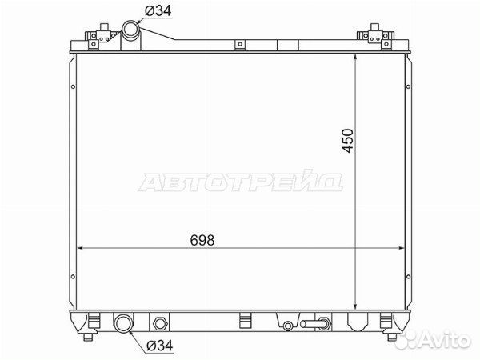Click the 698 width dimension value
click(x=202, y=240)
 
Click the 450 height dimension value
click(x=348, y=141)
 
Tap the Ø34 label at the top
click(x=158, y=11)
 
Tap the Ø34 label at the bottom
click(x=160, y=346)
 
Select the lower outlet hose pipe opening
click(x=124, y=322)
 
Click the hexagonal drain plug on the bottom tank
click(x=159, y=323)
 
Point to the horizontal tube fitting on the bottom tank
click(x=315, y=323)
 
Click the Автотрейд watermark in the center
click(x=241, y=182)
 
